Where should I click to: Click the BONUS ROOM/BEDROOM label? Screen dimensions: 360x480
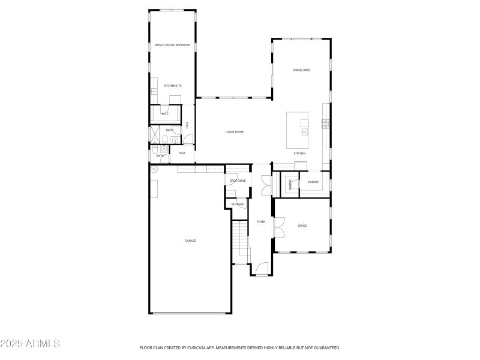tap(172, 45)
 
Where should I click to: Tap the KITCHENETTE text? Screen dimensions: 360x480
tap(173, 86)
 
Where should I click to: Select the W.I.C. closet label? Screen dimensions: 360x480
tap(164, 113)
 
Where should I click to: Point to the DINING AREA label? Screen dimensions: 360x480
tap(301, 70)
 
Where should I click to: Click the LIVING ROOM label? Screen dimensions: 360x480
tap(234, 132)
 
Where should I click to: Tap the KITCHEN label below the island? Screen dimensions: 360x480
tap(299, 154)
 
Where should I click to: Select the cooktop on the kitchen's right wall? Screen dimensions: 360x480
tap(326, 124)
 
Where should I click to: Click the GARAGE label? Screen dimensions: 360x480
tap(190, 241)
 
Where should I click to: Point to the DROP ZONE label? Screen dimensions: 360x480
tap(237, 181)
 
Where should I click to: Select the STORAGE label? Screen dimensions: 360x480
tap(238, 205)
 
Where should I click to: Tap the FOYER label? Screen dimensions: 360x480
tap(261, 222)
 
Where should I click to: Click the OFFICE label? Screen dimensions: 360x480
tap(302, 226)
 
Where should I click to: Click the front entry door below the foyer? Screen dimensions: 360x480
tap(260, 271)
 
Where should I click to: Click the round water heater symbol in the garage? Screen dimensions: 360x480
tap(154, 169)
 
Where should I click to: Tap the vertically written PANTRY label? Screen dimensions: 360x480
tap(291, 184)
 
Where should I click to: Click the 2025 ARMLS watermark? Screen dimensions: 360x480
tap(30, 344)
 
